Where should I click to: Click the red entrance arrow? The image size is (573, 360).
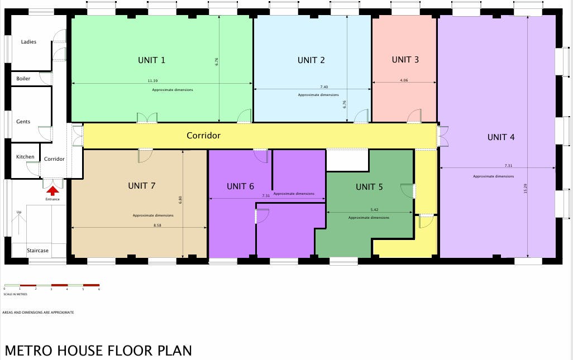coord(53,191)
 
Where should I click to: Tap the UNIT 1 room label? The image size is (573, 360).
coord(151,60)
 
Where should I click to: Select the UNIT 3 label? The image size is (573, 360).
coord(405,60)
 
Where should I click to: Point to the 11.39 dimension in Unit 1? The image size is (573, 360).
coord(152,81)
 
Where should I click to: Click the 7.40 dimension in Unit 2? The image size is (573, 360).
coord(324,87)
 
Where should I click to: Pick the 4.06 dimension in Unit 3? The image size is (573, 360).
coord(404,80)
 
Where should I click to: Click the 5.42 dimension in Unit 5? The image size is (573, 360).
coord(374,210)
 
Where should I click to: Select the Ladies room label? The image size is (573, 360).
coord(28,42)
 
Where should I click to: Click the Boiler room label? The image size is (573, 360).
coord(23,79)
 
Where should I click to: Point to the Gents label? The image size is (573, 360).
coord(23,122)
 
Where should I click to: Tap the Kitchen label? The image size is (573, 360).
coord(25,157)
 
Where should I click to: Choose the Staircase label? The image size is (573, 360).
coord(37,251)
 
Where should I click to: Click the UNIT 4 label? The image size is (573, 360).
coord(501,137)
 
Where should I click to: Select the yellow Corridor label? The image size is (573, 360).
coord(203,136)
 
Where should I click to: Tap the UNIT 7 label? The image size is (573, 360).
coord(141,186)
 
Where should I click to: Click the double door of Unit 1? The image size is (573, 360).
coord(147,118)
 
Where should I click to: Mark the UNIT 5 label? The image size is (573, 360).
coord(369,187)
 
